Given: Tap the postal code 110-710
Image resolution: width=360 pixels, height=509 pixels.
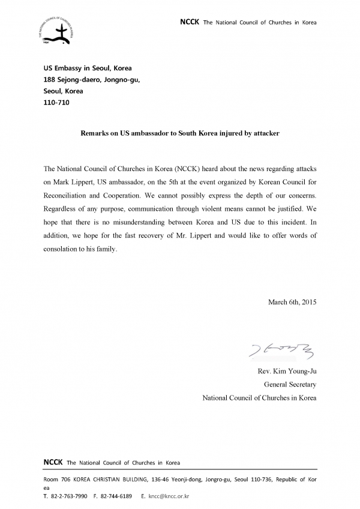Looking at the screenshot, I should click(57, 103).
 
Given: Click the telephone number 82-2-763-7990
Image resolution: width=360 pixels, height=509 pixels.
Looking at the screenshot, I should click(69, 497).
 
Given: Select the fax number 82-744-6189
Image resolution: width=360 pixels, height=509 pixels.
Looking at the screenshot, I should click(116, 497).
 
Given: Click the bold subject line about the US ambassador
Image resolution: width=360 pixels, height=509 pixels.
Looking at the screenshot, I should click(179, 133).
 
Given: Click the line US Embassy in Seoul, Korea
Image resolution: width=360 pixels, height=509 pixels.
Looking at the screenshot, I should click(88, 68).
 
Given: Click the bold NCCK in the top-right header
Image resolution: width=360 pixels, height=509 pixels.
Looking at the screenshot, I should click(190, 22).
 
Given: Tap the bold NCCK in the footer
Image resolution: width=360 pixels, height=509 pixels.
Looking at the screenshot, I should click(53, 462).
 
